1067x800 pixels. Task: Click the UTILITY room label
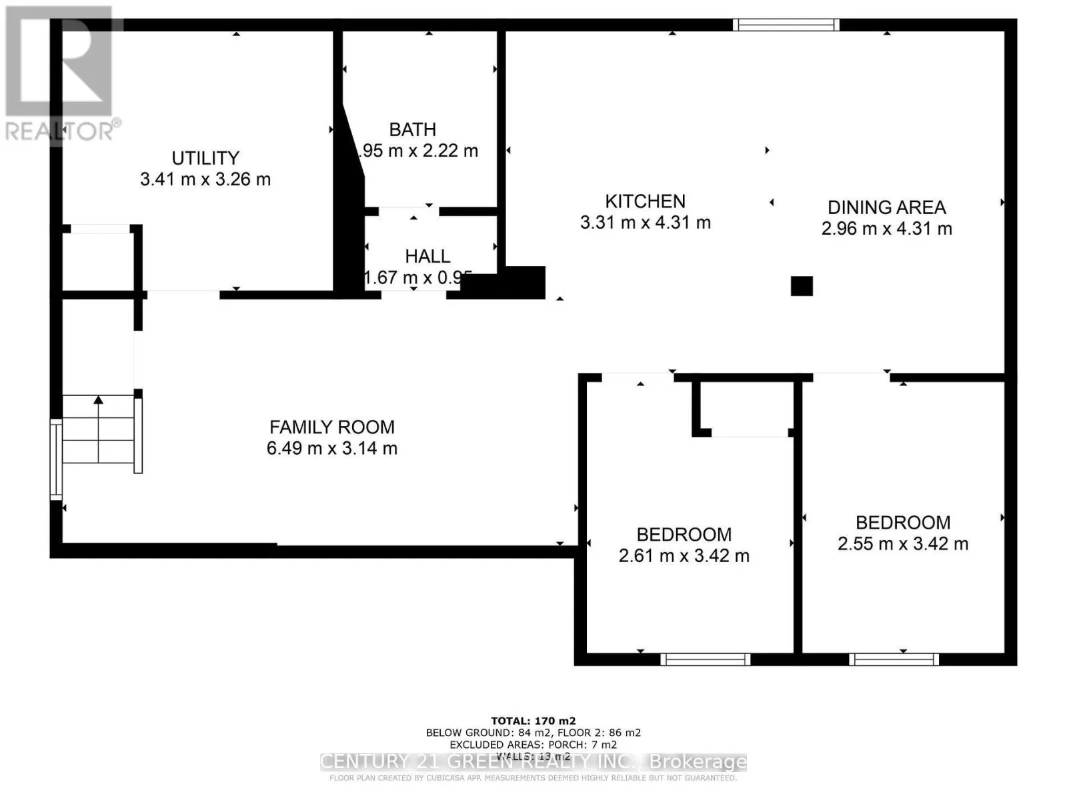pos(205,158)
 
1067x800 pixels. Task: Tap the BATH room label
pos(412,129)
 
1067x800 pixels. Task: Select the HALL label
pos(427,256)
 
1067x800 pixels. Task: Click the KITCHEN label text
pos(645,201)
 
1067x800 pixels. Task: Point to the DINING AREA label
pos(886,207)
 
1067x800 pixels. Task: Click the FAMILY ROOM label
pos(332,427)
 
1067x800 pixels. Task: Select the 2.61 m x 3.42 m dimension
pos(684,555)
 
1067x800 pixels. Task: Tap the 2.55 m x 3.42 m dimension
pos(903,543)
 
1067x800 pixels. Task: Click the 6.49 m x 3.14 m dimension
pos(332,448)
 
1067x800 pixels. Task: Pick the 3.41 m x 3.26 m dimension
pos(205,179)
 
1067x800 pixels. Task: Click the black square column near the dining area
pos(802,286)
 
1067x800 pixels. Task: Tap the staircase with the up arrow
pos(99,430)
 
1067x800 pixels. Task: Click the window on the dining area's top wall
pos(786,25)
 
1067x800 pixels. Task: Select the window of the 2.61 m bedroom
pos(705,659)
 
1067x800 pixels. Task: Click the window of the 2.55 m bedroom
pos(894,659)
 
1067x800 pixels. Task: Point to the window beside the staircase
pos(56,459)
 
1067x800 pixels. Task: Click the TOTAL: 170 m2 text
pos(533,721)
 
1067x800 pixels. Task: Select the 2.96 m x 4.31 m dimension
pos(886,229)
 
